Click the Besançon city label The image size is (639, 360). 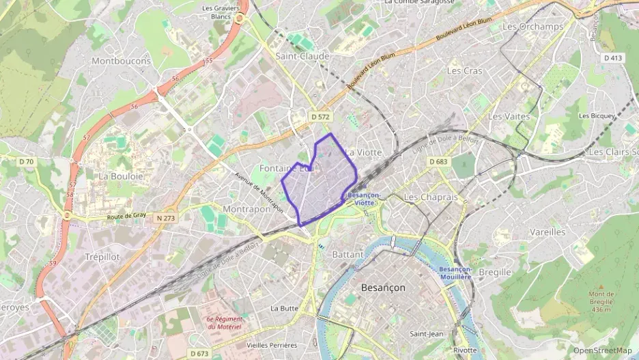click(382, 288)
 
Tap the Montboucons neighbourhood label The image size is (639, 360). click(121, 61)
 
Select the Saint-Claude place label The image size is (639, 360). click(302, 56)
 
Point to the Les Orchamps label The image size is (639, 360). click(532, 26)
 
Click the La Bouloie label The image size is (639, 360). click(121, 176)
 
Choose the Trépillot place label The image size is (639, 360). click(102, 257)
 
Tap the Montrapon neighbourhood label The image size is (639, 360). click(246, 209)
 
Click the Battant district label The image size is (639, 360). click(347, 254)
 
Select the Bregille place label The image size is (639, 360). click(495, 272)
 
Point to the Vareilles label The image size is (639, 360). click(548, 232)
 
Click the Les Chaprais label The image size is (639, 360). click(431, 197)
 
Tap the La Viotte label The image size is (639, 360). click(363, 152)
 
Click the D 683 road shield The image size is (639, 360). click(438, 161)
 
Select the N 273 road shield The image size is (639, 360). click(166, 219)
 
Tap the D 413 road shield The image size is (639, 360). click(613, 58)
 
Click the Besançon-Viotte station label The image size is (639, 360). click(360, 198)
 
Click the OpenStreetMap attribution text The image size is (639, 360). click(602, 350)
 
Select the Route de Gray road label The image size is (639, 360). click(127, 216)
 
